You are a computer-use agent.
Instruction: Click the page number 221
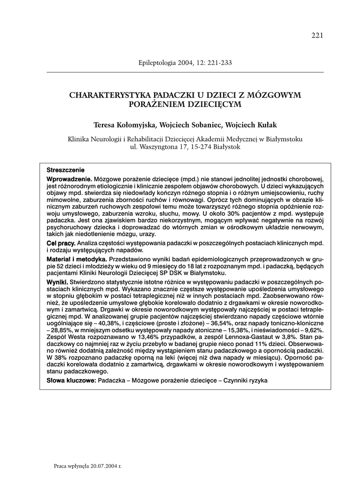coord(317,35)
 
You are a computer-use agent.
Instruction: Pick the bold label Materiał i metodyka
coord(77,259)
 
